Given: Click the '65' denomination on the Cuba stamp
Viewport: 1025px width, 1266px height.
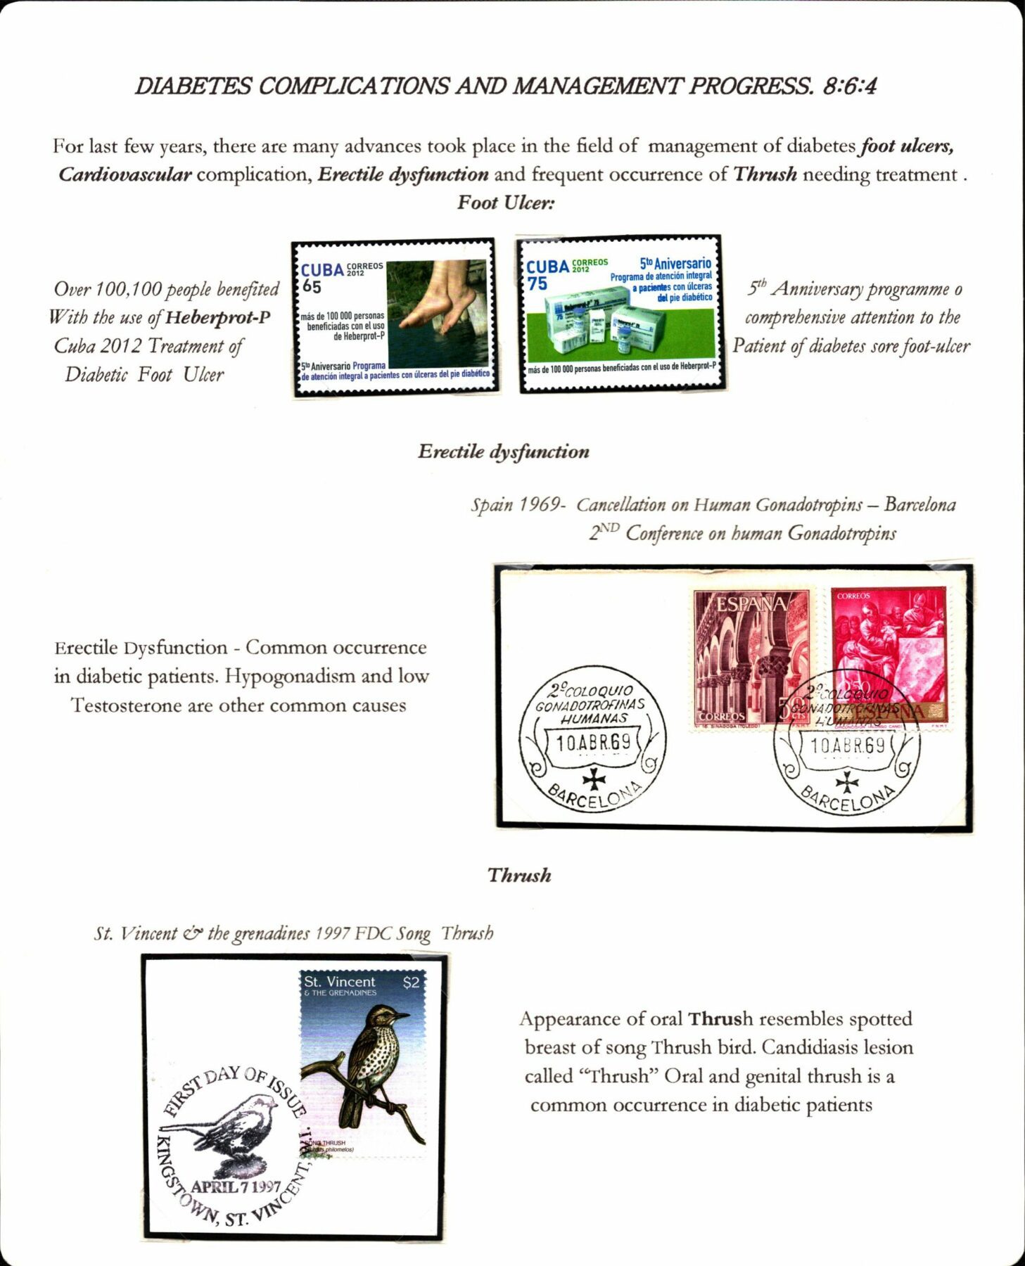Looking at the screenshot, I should (312, 287).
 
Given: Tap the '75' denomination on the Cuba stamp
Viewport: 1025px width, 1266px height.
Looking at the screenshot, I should (537, 283).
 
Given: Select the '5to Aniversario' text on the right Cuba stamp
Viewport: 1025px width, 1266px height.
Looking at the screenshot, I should (675, 264).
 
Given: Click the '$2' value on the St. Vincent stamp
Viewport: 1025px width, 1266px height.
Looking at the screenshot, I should (411, 983).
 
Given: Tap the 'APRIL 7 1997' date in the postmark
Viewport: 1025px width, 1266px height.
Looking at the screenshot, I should (236, 1187).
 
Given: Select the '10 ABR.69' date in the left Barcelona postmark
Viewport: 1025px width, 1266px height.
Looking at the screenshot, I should (593, 743).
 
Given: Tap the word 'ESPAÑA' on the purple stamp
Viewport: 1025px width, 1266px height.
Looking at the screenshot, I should (751, 604).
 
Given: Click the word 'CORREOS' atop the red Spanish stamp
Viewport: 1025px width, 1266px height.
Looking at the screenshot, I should (853, 596).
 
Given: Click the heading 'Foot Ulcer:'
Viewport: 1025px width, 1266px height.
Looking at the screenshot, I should (506, 203).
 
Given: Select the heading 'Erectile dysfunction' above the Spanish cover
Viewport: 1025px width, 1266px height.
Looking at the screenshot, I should (504, 452).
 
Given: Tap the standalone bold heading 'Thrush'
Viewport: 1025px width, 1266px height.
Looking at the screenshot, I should (519, 876).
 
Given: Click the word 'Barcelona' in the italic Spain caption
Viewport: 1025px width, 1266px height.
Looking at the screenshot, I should (919, 505).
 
